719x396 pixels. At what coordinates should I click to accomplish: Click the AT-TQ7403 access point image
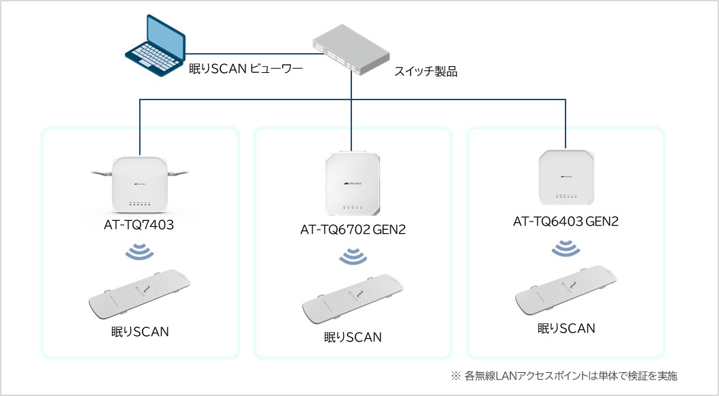141,184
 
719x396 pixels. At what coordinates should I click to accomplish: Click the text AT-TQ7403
141,224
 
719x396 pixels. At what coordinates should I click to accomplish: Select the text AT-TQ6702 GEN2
353,230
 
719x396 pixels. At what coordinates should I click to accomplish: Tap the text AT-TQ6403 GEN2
566,221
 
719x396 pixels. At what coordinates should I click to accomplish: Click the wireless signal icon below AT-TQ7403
141,252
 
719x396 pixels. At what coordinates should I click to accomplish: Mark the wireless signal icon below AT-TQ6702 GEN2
352,257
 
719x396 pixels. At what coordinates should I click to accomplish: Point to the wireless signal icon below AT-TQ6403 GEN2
565,247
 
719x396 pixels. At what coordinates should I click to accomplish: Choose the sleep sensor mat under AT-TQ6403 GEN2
566,292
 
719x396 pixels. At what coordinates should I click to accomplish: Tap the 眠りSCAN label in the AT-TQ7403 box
140,332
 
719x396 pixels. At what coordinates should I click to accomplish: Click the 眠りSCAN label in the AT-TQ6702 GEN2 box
352,337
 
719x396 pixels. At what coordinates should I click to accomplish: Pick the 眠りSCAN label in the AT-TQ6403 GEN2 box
566,329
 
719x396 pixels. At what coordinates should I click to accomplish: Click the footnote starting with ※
563,376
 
